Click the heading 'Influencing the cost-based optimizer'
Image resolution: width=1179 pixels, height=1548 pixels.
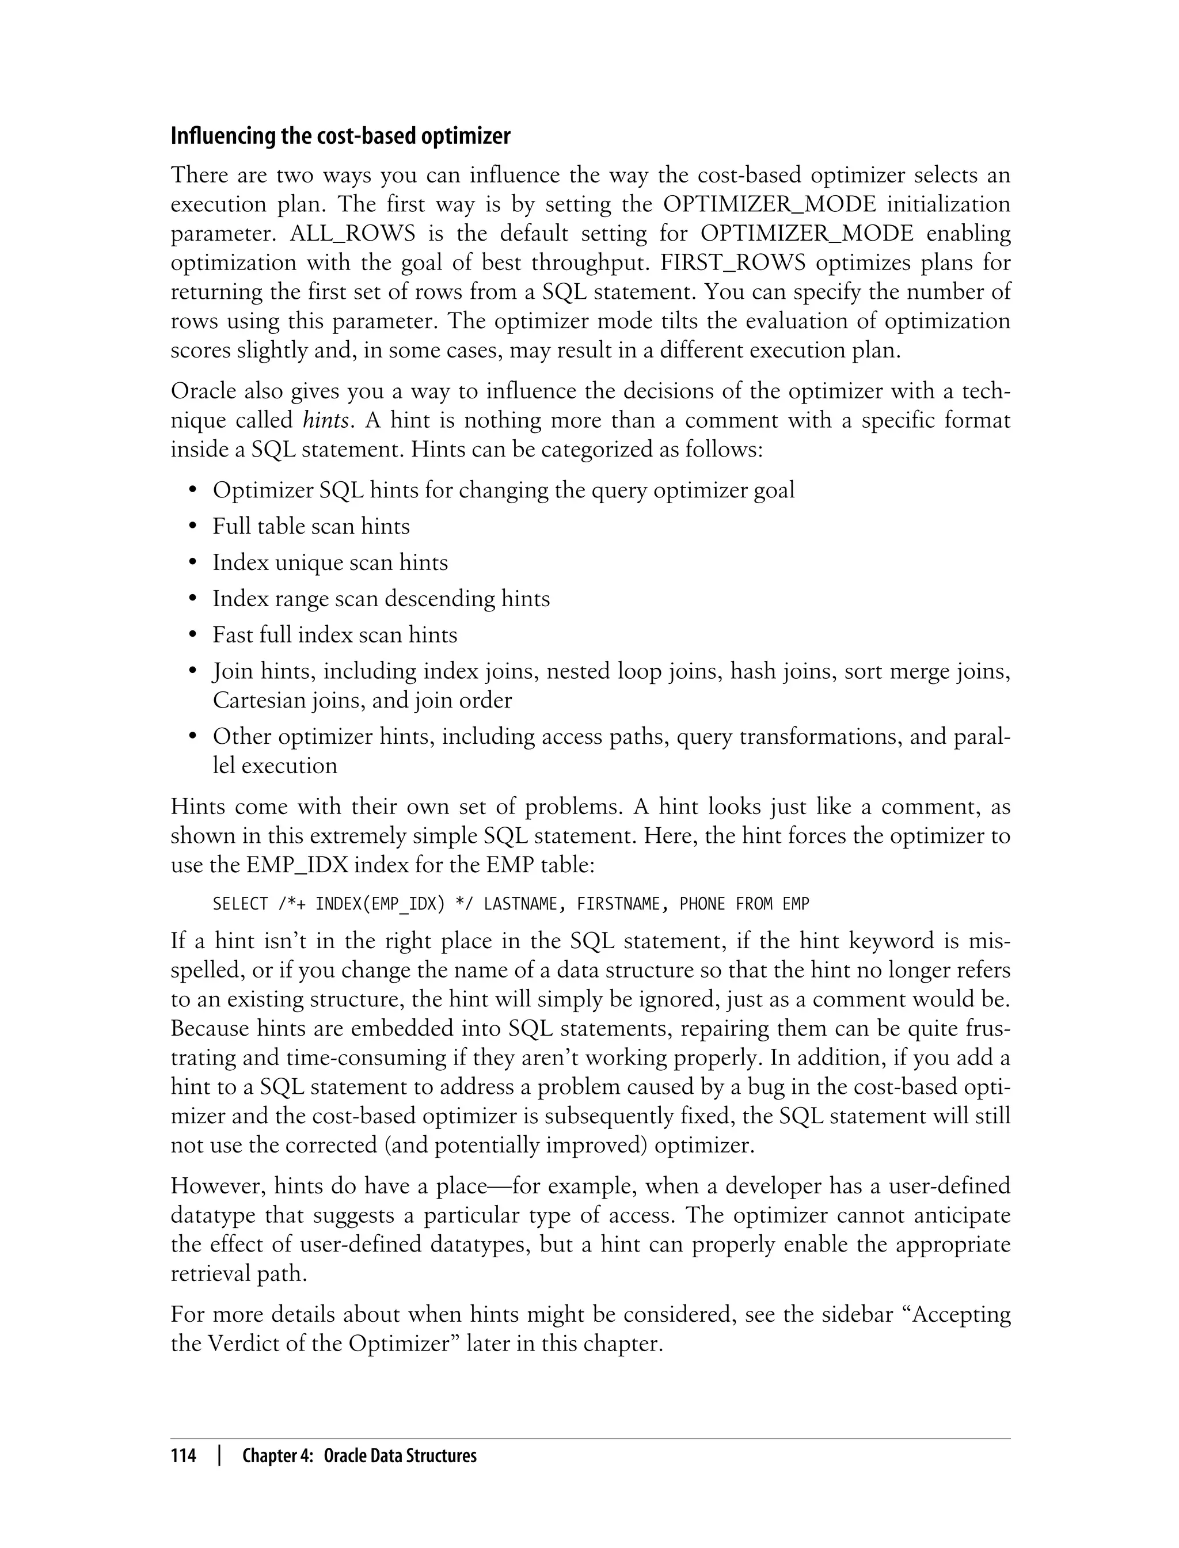tap(340, 136)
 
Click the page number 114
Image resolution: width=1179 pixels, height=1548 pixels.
tap(183, 1456)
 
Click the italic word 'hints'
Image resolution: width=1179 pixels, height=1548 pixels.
tap(326, 420)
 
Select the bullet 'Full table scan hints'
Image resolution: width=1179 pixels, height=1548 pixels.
tap(311, 526)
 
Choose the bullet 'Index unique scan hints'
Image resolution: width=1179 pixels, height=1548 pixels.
tap(330, 563)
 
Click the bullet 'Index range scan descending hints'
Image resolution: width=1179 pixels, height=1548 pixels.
tap(381, 599)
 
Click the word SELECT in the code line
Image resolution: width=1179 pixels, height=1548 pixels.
tap(240, 904)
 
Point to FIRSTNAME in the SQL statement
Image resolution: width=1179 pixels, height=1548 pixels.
tap(618, 904)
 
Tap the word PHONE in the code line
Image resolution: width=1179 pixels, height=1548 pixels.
tap(702, 904)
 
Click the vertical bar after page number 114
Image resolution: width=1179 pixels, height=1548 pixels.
tap(220, 1456)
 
